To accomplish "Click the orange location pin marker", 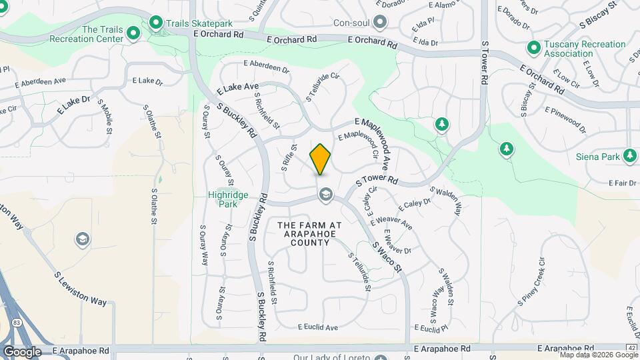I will click(321, 159).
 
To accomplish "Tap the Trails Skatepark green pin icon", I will click(157, 23).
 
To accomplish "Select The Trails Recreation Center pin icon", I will click(133, 33).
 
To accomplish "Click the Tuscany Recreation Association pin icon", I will click(533, 48).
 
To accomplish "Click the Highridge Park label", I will click(228, 199).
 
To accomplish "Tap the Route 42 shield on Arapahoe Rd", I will click(631, 348).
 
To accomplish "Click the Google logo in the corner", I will click(22, 352).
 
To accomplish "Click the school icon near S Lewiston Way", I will click(82, 239).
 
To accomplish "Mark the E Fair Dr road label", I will click(623, 183).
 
